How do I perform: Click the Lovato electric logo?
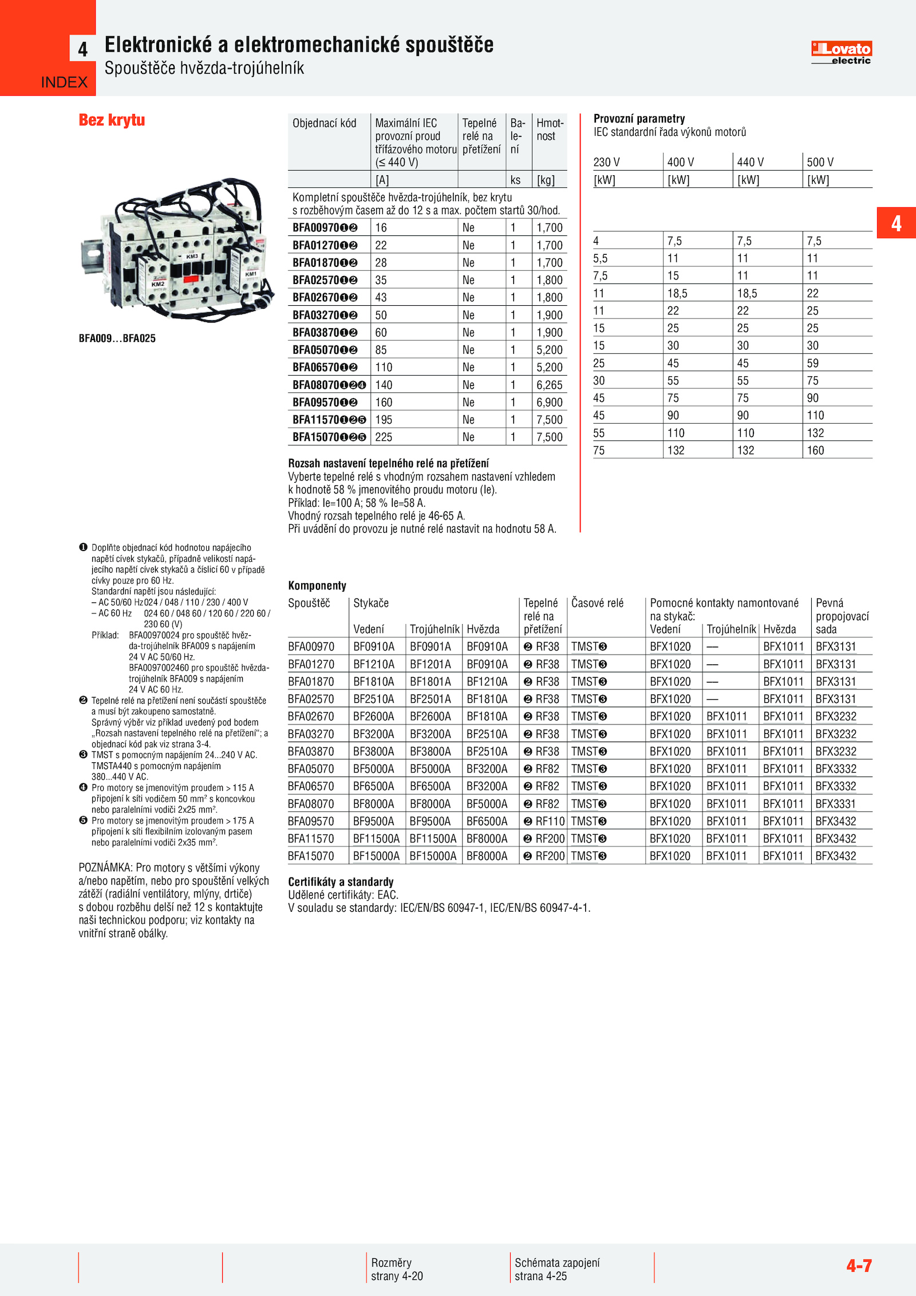841,52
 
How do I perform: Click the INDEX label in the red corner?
64,82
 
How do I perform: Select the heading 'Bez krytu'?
112,120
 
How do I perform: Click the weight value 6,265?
549,385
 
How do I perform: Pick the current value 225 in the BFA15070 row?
384,437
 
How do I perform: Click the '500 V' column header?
820,162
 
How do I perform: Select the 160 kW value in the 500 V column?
815,450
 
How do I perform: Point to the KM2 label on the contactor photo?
158,283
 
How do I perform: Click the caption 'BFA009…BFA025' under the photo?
117,338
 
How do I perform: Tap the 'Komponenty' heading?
317,585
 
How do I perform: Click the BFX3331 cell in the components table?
835,803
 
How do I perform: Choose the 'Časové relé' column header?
597,603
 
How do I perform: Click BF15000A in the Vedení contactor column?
376,856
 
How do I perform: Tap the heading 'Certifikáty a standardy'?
341,881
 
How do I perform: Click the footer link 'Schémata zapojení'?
557,1262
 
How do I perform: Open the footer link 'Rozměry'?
391,1262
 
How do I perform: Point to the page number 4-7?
859,1266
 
